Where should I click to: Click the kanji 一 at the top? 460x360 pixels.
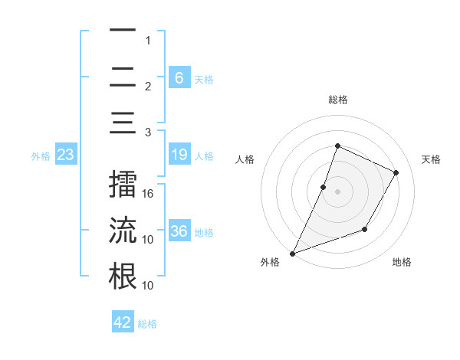(x=123, y=31)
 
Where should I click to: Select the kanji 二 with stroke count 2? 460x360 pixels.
(x=123, y=77)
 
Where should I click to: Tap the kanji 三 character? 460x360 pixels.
(x=123, y=122)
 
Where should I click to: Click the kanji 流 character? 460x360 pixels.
(x=123, y=230)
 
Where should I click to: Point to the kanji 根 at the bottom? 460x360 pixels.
(x=123, y=275)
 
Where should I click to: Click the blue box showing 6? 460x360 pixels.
(x=179, y=77)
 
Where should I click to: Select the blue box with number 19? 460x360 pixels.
(x=179, y=155)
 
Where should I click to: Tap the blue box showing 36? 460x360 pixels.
(x=179, y=231)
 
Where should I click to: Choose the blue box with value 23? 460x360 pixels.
(x=66, y=155)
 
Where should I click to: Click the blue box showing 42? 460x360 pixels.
(x=123, y=322)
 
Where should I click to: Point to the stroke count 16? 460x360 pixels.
(x=149, y=195)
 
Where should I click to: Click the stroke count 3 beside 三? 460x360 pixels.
(x=148, y=132)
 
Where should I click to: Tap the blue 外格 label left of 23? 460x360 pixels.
(x=41, y=156)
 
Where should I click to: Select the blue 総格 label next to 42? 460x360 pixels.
(x=147, y=324)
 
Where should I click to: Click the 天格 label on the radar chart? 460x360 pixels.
(x=431, y=159)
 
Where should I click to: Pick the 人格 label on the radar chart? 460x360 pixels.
(x=245, y=159)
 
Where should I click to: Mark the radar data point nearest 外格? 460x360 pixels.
(x=292, y=253)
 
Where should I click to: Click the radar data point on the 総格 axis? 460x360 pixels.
(x=337, y=146)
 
